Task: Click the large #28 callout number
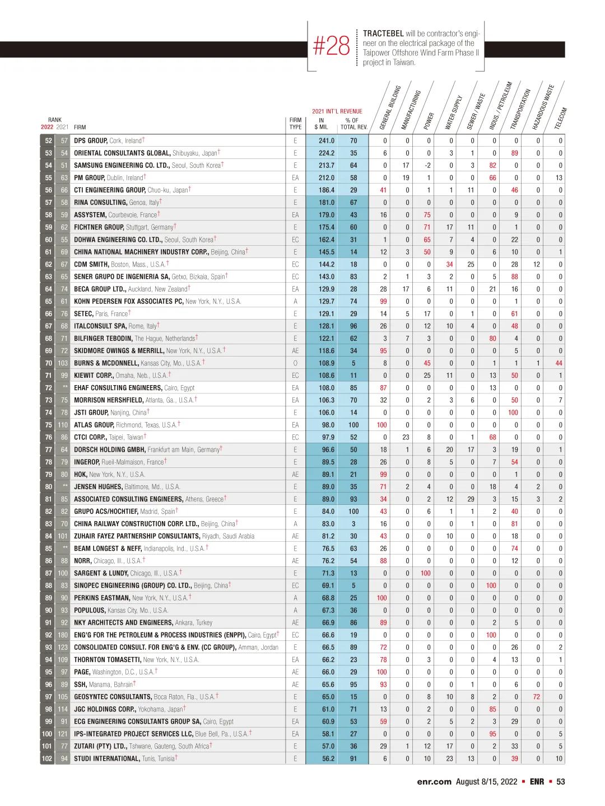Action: pos(331,46)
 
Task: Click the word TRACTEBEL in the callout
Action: pos(383,34)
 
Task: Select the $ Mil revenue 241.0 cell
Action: pos(327,141)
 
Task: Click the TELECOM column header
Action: pos(561,118)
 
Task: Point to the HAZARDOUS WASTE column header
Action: pos(543,107)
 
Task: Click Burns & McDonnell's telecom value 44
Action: pos(559,363)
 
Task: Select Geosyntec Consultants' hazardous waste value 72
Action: pos(537,697)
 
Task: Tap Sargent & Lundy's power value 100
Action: pos(426,573)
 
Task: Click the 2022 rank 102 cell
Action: pos(47,759)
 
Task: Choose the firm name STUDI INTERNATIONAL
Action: pos(107,759)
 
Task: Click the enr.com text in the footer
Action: pos(434,782)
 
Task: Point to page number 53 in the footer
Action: pos(561,782)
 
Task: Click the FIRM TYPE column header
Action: pos(295,123)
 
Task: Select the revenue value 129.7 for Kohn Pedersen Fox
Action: pos(327,301)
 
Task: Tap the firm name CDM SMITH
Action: pos(91,264)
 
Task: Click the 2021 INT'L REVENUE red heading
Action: pos(337,111)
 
